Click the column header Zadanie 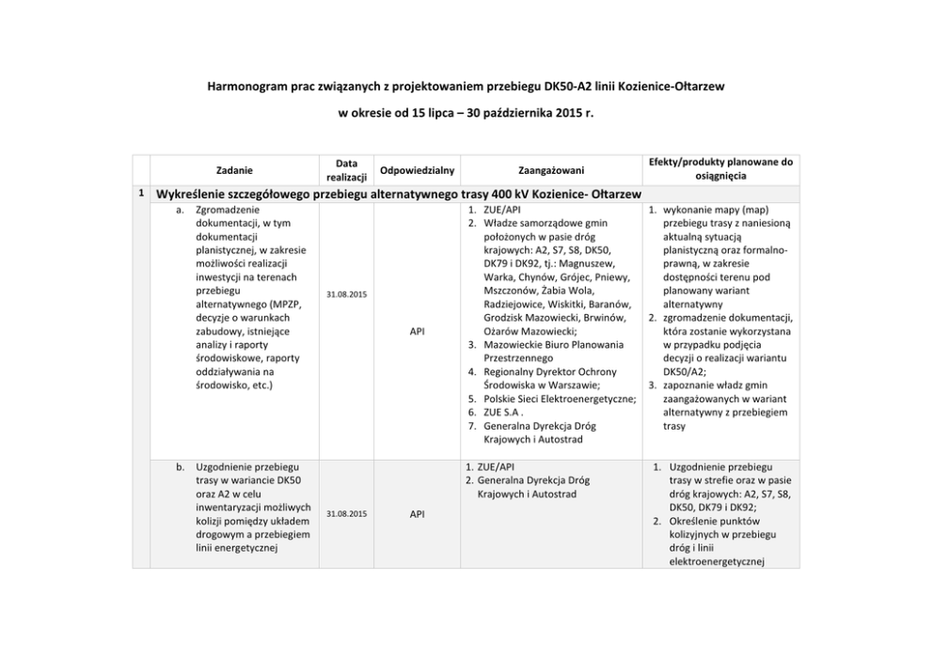(x=233, y=170)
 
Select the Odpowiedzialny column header (x=417, y=170)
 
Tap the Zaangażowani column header (x=551, y=170)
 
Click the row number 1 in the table (x=140, y=194)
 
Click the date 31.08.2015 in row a (x=347, y=295)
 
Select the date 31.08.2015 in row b (x=347, y=514)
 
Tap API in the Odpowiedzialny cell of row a (x=417, y=332)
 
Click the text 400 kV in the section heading (x=508, y=195)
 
